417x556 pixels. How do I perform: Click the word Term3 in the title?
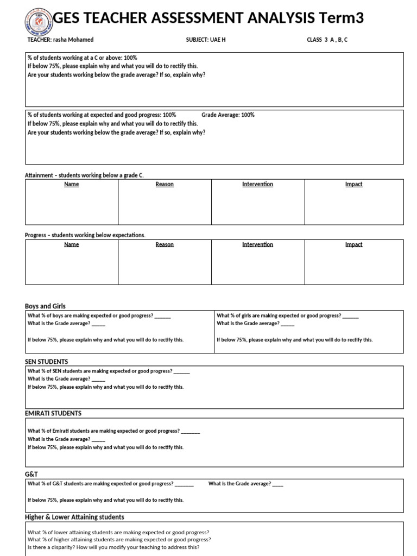tap(340, 18)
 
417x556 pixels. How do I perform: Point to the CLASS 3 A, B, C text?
tap(327, 40)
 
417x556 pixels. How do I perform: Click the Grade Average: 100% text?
tap(228, 115)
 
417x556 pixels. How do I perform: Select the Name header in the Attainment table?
tap(72, 185)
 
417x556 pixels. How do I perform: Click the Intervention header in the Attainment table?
tap(257, 185)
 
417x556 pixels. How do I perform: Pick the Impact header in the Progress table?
tap(353, 245)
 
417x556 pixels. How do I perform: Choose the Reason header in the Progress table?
tap(165, 245)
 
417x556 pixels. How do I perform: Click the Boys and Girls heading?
tap(45, 306)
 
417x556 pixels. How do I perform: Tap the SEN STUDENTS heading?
tap(47, 362)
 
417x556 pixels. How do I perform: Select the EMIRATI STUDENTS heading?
tap(53, 413)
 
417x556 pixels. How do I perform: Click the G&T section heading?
tap(31, 474)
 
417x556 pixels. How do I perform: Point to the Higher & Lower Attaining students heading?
tap(74, 517)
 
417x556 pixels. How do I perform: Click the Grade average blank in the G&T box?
tap(277, 484)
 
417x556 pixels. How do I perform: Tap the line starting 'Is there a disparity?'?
tap(113, 547)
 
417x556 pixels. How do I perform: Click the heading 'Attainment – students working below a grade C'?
tap(84, 175)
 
